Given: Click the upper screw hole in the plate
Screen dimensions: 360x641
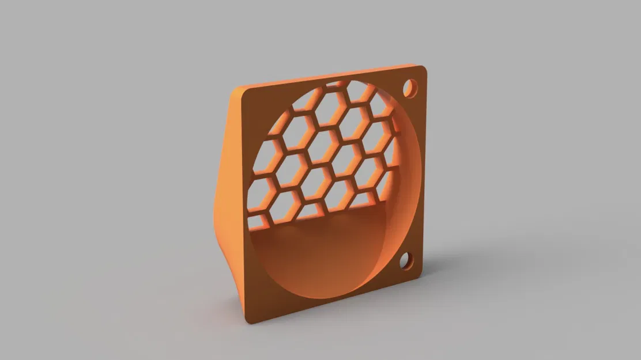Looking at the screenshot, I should coord(410,88).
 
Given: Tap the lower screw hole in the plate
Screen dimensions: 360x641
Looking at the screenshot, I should coord(407,262).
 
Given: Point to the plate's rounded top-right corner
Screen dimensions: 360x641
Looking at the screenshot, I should coord(423,70).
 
